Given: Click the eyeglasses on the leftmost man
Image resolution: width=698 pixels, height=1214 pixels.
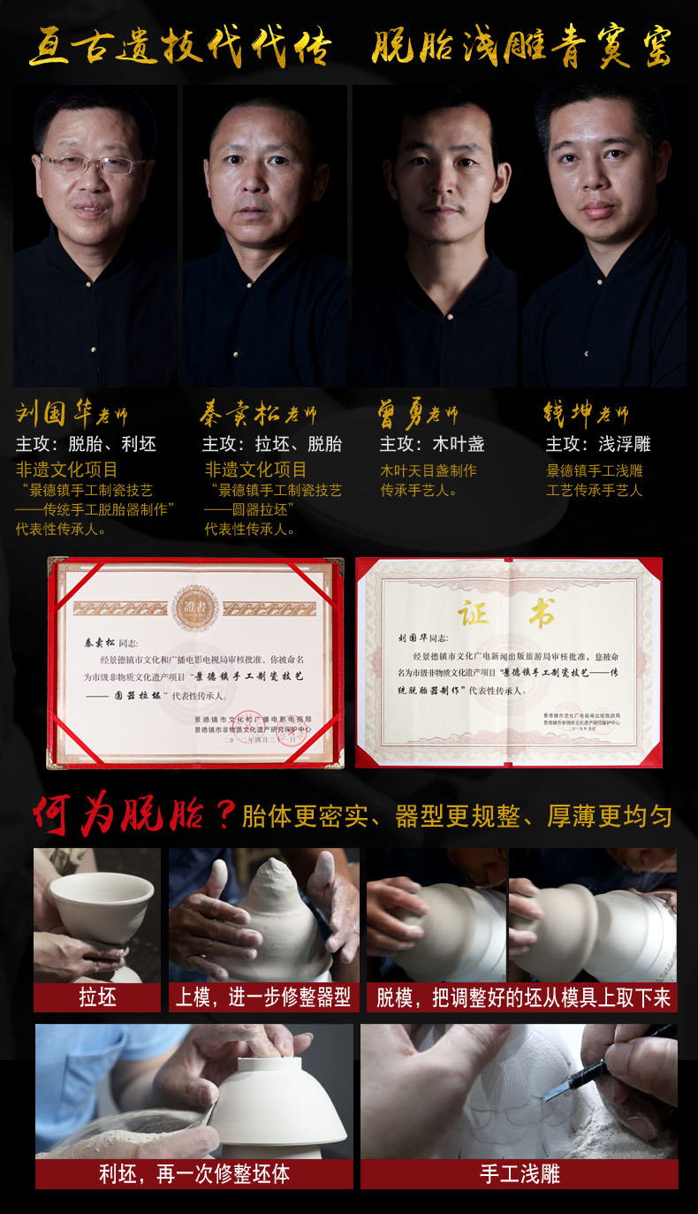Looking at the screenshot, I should click(92, 164).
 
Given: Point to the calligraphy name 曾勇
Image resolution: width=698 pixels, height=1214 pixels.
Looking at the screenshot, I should click(402, 414).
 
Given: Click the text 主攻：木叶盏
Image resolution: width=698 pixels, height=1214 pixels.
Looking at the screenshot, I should click(432, 444).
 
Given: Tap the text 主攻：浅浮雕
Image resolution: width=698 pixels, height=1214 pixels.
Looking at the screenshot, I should click(598, 444).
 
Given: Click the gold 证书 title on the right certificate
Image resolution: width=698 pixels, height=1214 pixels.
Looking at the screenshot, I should click(505, 614).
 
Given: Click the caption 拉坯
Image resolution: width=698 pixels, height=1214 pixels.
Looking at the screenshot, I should click(97, 998).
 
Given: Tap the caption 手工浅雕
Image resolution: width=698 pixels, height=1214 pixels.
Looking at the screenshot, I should click(520, 1174).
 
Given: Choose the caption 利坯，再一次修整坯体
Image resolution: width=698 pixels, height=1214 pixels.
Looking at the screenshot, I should click(194, 1174).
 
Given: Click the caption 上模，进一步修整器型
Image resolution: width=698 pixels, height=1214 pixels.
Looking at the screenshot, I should click(263, 998).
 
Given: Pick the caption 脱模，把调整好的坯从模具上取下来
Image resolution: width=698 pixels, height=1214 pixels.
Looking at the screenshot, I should click(523, 998).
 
